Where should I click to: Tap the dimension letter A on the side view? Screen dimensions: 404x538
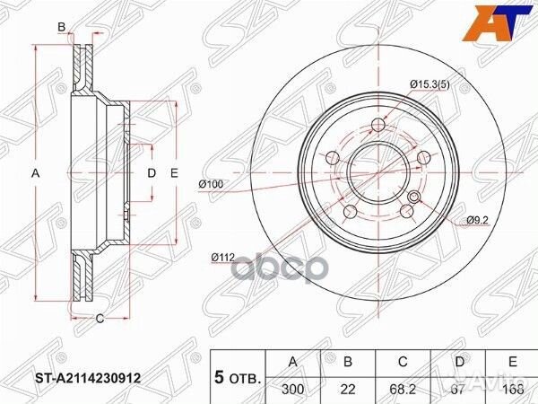coord(37,172)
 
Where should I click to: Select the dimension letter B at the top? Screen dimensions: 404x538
coord(62,28)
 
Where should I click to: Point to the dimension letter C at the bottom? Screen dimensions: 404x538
coord(100,317)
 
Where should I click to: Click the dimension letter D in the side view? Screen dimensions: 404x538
coord(152,172)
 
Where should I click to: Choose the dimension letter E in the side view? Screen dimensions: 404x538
coord(176,172)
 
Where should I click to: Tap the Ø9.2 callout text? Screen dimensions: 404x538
coord(478,220)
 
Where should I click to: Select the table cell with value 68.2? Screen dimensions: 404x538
coord(404,390)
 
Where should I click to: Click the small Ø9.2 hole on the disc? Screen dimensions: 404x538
coord(413,197)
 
